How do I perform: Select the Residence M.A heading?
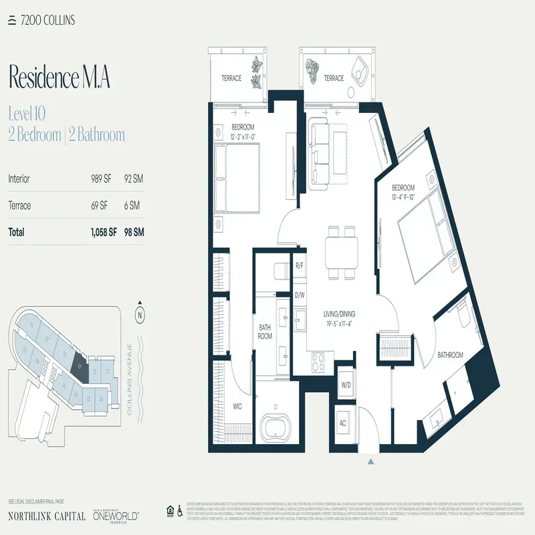tap(59, 78)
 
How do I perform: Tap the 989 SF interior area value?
tap(102, 179)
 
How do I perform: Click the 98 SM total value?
tap(134, 233)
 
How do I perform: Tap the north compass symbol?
tap(140, 314)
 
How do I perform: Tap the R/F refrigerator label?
tap(300, 266)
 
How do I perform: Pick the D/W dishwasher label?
tap(300, 294)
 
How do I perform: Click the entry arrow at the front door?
tap(370, 460)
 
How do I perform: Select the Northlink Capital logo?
tap(46, 516)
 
